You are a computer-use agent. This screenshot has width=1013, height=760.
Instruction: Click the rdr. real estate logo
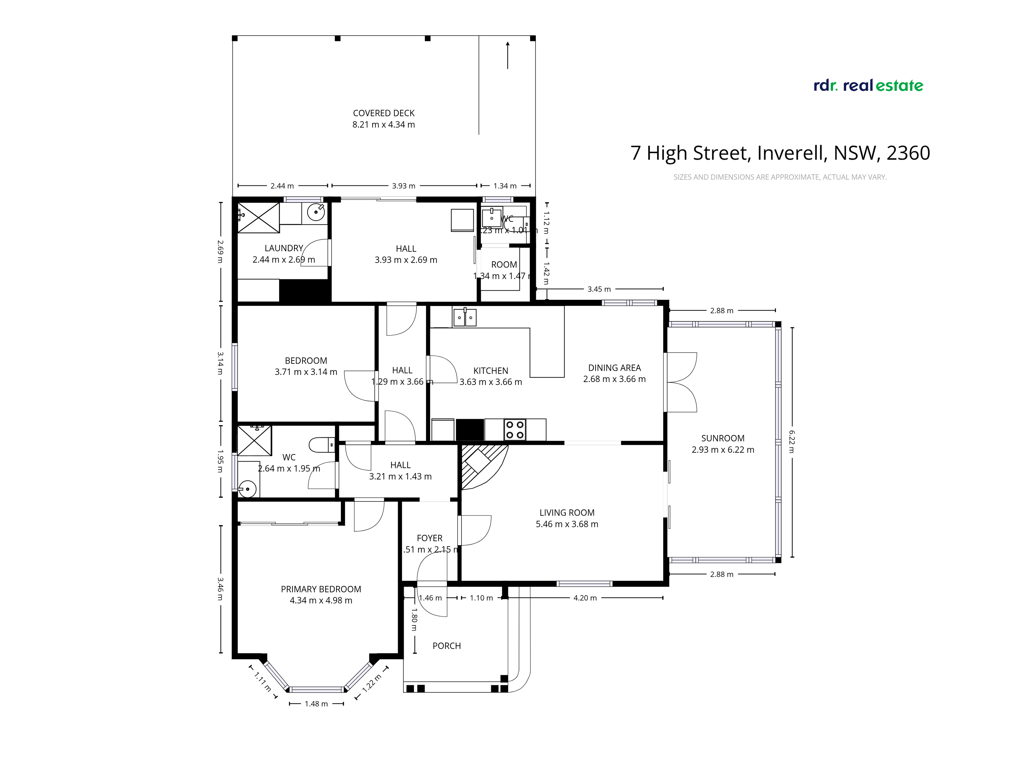(x=868, y=86)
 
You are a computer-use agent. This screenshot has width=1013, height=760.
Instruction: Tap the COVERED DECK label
(x=384, y=113)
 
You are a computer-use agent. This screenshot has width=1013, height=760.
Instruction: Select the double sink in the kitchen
(x=464, y=317)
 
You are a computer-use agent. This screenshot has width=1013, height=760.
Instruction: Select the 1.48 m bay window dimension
(x=316, y=704)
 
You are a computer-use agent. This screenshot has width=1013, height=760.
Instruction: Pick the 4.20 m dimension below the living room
(x=585, y=598)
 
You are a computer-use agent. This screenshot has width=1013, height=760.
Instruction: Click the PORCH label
(x=446, y=646)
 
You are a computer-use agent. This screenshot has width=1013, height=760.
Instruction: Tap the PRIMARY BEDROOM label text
(x=321, y=589)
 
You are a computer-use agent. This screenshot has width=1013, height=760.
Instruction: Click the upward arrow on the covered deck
(x=508, y=55)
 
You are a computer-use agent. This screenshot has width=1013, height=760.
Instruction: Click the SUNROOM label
(x=723, y=439)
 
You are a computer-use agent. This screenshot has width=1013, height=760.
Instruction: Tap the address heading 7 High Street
(x=780, y=153)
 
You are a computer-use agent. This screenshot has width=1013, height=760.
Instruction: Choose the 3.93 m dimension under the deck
(x=403, y=186)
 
